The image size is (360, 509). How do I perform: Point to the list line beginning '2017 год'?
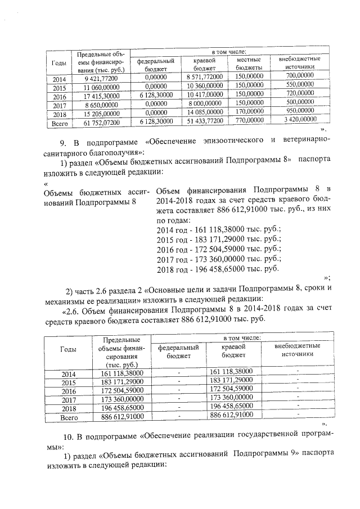pyautogui.click(x=217, y=259)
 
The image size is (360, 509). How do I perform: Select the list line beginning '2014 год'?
pyautogui.click(x=217, y=228)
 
